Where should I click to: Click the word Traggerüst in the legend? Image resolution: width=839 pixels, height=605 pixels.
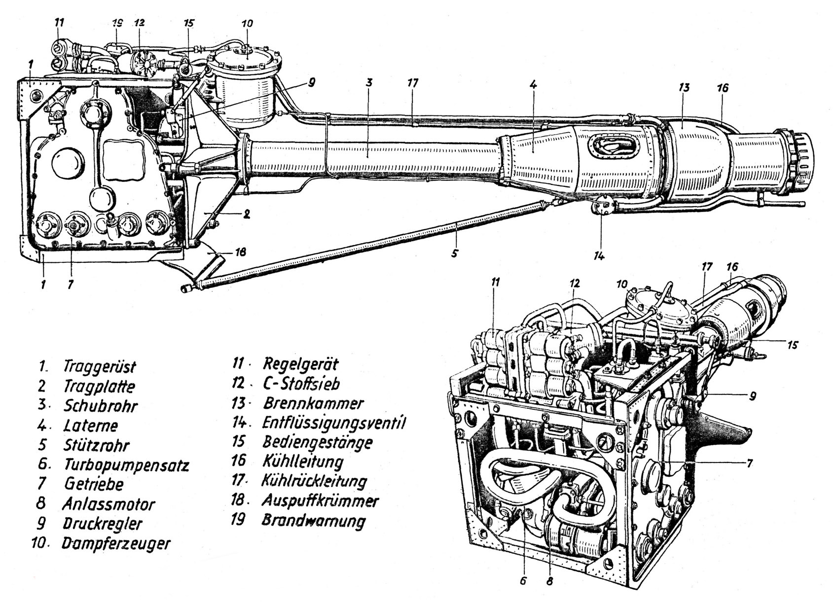(x=99, y=367)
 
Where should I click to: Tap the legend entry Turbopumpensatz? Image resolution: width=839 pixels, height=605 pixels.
(x=126, y=465)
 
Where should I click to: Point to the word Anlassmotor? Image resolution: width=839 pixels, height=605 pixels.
(x=109, y=504)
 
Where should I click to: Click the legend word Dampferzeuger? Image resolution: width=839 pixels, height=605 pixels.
(x=116, y=543)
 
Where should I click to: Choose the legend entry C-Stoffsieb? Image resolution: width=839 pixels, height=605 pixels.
(x=301, y=384)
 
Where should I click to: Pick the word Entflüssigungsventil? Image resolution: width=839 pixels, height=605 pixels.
(x=334, y=423)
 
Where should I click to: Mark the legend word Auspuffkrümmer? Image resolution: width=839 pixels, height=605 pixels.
(x=320, y=501)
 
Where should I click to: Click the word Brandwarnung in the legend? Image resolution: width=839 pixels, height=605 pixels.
(x=314, y=521)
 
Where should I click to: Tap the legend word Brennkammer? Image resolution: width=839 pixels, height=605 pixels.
(x=313, y=403)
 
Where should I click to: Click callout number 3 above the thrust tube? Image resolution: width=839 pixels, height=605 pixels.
(x=369, y=82)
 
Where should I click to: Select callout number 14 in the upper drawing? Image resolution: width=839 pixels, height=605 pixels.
(x=599, y=255)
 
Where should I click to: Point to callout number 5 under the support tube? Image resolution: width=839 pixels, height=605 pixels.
(x=455, y=253)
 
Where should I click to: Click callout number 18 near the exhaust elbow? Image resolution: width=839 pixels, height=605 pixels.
(x=240, y=252)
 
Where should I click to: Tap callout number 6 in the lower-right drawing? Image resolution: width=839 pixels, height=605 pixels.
(x=523, y=581)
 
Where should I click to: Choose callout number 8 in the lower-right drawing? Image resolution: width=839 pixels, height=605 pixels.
(x=549, y=581)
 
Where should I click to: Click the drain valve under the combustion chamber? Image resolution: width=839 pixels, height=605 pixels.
(x=601, y=205)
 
